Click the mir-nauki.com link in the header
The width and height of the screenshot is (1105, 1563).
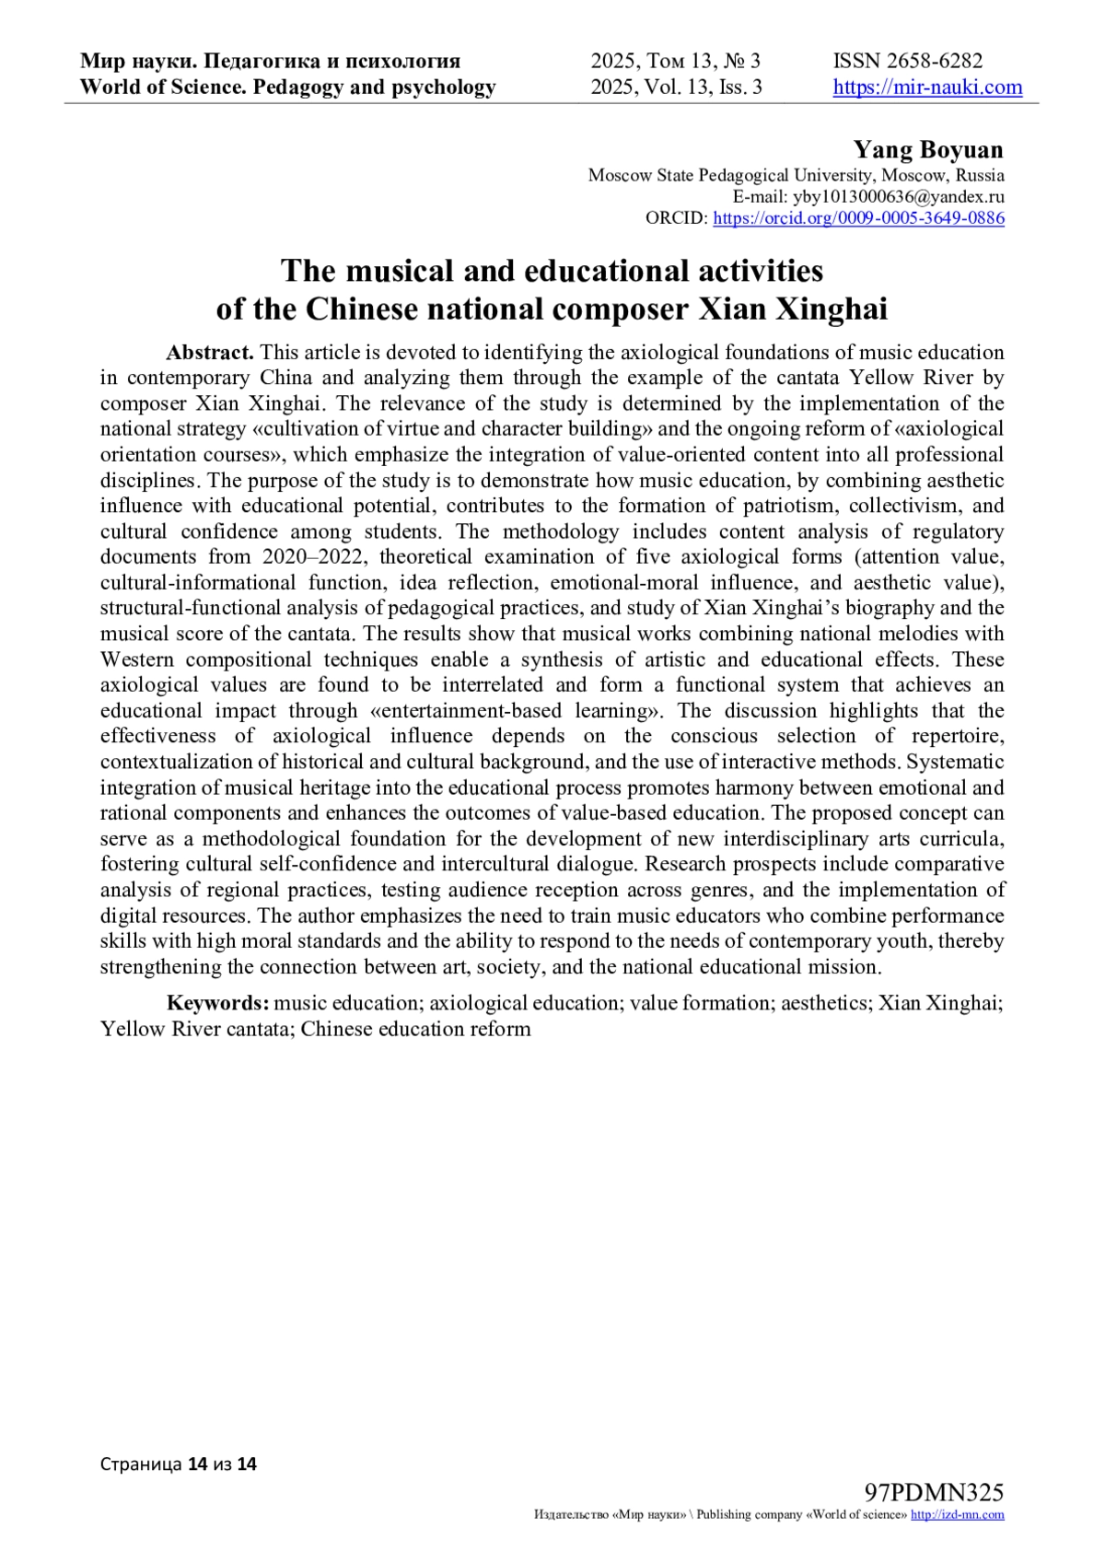coord(927,87)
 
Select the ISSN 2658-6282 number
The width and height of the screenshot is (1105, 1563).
coord(908,61)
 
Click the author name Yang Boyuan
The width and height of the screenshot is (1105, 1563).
coord(927,149)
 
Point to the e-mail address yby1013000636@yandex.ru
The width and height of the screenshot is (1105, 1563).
coord(898,196)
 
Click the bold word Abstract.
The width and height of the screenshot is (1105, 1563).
coord(209,352)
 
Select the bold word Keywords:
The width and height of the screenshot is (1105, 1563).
coord(217,1003)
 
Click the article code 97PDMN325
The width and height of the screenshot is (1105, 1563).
coord(934,1492)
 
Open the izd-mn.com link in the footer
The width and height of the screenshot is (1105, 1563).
coord(957,1515)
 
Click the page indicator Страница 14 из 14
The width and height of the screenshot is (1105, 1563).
coord(179,1464)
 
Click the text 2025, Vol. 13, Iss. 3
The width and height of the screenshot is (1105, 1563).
coord(676,87)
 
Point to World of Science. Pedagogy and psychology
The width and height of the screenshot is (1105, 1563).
coord(287,87)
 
